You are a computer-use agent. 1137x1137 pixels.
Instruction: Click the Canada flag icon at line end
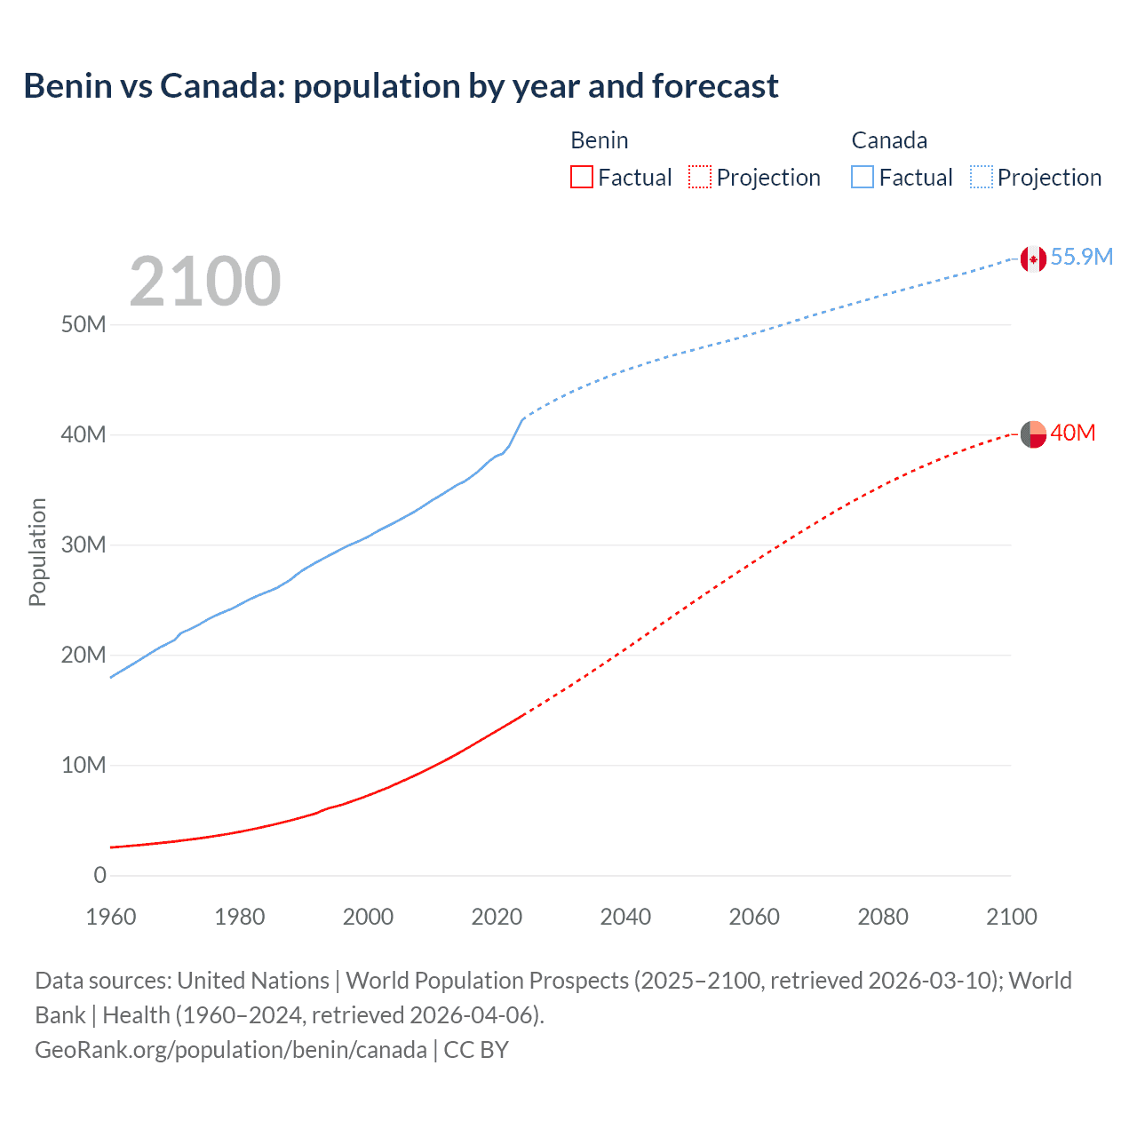coord(1033,258)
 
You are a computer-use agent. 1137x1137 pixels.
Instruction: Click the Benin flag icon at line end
coord(1033,434)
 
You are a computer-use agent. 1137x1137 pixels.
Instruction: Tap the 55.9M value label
coord(1081,257)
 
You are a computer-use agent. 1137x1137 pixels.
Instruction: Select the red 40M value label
coord(1072,433)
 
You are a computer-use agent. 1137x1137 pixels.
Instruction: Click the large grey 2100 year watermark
coord(205,282)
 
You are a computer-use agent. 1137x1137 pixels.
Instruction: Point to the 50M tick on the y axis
coord(83,324)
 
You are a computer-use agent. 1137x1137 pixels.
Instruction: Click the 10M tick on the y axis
coord(83,765)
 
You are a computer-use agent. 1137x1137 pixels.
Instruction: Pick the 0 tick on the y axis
coord(99,875)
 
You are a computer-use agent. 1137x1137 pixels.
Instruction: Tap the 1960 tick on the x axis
coord(111,917)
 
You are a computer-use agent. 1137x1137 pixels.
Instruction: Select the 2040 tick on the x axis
coord(625,917)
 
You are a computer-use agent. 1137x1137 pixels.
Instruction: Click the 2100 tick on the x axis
coord(1011,917)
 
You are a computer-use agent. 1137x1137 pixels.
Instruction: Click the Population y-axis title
coord(37,552)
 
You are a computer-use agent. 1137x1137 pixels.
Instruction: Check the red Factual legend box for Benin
coord(582,178)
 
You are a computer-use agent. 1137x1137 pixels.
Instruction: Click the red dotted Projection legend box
coord(700,178)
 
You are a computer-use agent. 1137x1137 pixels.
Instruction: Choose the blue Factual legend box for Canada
coord(863,178)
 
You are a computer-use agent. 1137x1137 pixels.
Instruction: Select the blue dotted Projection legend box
coord(981,178)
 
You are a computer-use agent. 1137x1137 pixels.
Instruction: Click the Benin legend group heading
coord(600,140)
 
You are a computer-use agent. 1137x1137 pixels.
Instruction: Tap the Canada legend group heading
coord(889,140)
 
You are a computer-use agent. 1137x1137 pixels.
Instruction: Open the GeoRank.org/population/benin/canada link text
coord(231,1050)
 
